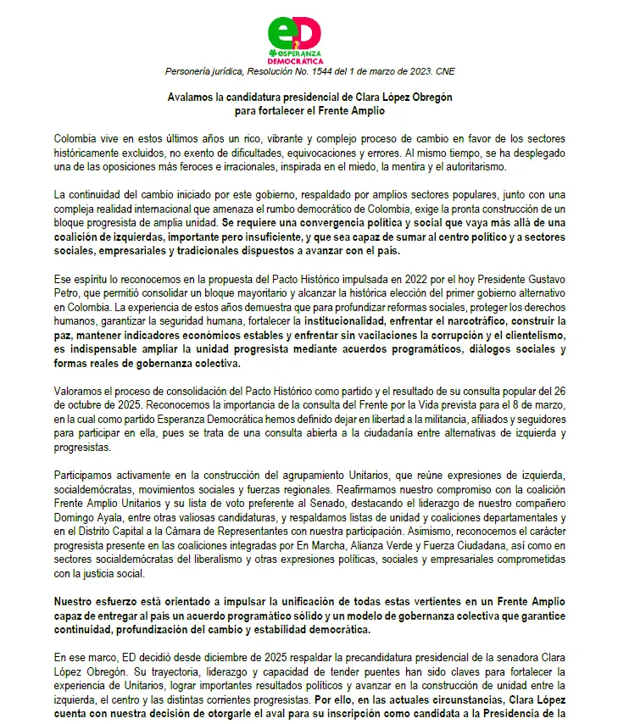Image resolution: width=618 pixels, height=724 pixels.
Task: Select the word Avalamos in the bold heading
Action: click(190, 97)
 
